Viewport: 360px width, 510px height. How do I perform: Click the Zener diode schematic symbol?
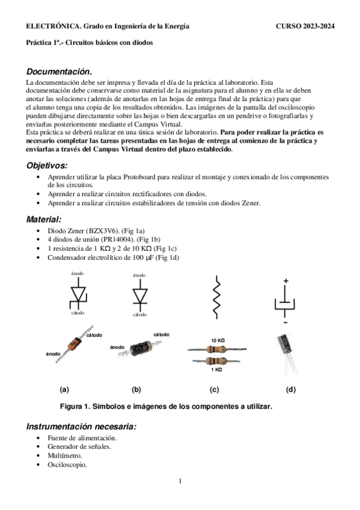78,293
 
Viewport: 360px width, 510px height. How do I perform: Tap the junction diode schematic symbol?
140,296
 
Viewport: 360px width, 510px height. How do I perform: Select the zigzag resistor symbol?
216,297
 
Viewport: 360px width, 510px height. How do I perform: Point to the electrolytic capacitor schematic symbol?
285,301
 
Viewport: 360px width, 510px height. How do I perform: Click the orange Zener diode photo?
75,344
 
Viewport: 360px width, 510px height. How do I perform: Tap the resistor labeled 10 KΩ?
217,349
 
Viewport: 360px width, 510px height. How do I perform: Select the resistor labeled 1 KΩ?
216,361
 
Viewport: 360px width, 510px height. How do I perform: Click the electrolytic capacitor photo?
287,353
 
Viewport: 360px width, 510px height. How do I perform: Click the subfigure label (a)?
64,389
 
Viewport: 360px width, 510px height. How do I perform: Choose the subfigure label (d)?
291,389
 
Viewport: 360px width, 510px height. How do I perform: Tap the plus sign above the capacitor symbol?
285,281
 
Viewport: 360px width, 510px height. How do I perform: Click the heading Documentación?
59,72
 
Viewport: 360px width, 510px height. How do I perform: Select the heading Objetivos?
47,165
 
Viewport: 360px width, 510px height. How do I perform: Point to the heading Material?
44,220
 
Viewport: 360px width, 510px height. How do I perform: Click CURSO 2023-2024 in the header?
305,26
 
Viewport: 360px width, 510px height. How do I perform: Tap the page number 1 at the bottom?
180,481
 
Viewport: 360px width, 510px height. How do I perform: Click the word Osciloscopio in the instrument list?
67,465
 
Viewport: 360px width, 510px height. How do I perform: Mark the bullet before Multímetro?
38,456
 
